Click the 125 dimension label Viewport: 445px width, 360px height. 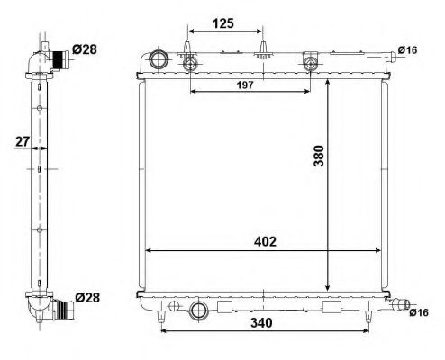224,23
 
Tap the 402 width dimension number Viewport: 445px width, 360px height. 263,241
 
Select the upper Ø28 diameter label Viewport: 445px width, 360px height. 86,49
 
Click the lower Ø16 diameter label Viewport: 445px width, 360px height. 417,312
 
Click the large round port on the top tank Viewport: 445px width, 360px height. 159,61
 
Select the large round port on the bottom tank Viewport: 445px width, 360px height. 199,310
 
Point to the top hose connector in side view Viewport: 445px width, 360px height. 59,60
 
